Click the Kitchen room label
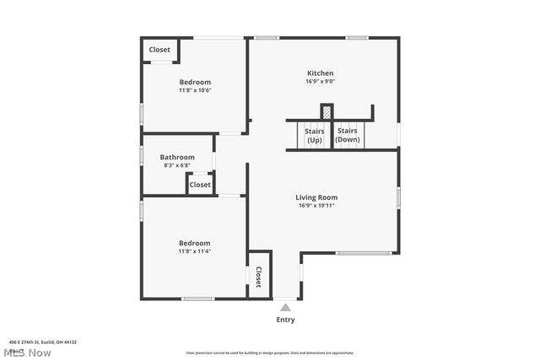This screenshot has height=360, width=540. [x=320, y=73]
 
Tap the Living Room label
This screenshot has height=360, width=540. [x=316, y=197]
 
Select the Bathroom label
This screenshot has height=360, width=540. [x=177, y=157]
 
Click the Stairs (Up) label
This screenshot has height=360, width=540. [x=315, y=135]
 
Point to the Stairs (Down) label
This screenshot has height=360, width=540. [x=347, y=135]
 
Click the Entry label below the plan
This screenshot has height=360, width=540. [x=286, y=320]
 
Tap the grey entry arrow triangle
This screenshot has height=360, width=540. [x=286, y=308]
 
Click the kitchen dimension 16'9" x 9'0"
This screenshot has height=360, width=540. [x=320, y=82]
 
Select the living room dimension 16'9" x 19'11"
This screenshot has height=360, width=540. [x=317, y=206]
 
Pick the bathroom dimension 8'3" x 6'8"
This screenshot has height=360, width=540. [x=177, y=165]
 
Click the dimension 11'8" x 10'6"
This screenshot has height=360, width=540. [x=194, y=90]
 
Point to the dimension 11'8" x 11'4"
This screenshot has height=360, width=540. [x=194, y=250]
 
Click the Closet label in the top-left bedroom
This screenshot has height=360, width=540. [x=159, y=50]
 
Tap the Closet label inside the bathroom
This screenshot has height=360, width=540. [x=200, y=185]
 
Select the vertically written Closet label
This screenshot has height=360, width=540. [x=259, y=277]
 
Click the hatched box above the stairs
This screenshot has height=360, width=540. [x=327, y=111]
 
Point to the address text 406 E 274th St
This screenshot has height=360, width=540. [x=42, y=341]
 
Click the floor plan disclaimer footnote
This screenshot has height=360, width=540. [x=270, y=353]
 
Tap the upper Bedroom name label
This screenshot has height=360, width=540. [x=195, y=82]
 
